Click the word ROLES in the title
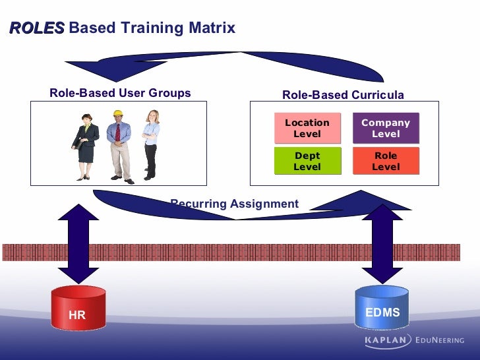[x=37, y=28]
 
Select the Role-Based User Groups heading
[x=120, y=93]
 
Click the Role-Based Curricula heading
[x=343, y=95]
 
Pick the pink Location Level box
[x=307, y=128]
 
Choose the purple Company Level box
[x=386, y=128]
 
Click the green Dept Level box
[x=307, y=161]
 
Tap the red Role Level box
[x=386, y=161]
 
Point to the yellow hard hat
[x=119, y=113]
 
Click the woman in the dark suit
[x=86, y=145]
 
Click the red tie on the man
[x=118, y=132]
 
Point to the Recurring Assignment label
[x=235, y=204]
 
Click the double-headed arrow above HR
[x=78, y=245]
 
